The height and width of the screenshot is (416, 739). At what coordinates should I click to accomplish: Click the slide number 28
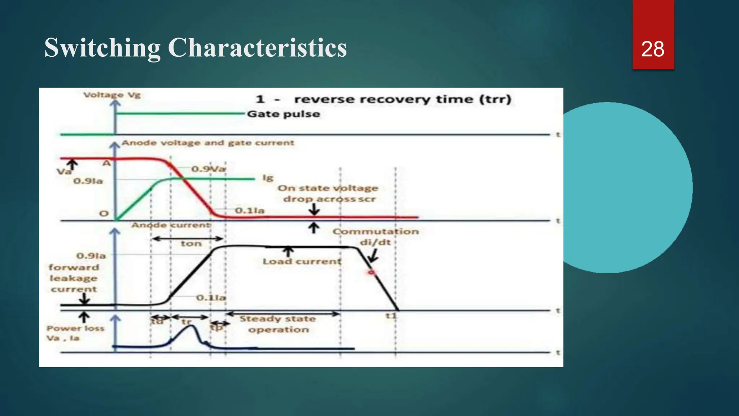click(x=653, y=49)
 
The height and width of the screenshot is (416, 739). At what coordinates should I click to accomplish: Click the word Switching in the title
click(x=102, y=48)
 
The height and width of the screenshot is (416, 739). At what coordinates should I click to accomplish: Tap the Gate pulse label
click(x=284, y=114)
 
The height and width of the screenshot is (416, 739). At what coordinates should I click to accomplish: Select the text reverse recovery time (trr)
click(x=402, y=99)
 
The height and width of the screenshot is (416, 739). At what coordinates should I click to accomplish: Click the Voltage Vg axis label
click(x=111, y=95)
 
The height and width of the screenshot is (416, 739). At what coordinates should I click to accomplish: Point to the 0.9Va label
click(x=209, y=169)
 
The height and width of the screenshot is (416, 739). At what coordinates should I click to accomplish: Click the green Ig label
click(x=268, y=178)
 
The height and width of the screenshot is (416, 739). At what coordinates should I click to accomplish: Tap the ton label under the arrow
click(x=191, y=244)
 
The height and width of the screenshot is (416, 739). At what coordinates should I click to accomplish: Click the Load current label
click(x=302, y=261)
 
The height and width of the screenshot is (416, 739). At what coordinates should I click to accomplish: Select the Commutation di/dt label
click(x=376, y=237)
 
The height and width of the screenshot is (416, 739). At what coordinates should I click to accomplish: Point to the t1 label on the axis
click(x=391, y=316)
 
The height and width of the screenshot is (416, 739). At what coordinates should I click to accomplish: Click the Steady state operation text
click(x=278, y=324)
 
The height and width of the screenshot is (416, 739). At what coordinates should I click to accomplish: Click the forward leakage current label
click(x=74, y=278)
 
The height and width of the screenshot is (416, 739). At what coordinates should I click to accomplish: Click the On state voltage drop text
click(x=328, y=194)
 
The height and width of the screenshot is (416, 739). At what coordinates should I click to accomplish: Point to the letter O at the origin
click(x=104, y=213)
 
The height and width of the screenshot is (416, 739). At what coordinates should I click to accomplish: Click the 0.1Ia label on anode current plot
click(x=211, y=298)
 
